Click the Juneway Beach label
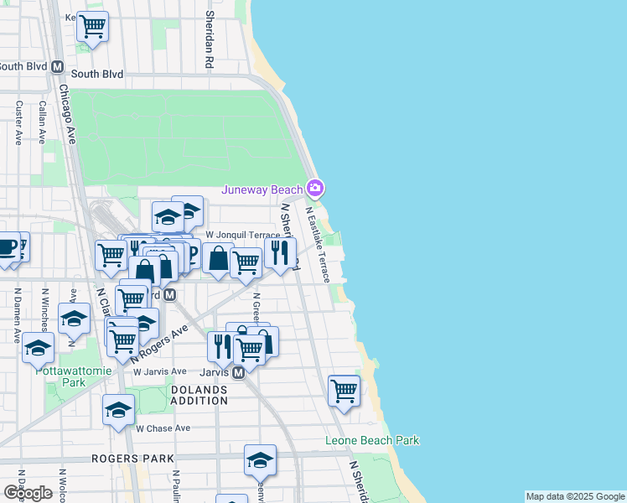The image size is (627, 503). tap(262, 189)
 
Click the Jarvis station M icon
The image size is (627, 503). tap(238, 372)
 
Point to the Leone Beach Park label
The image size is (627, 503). tap(372, 440)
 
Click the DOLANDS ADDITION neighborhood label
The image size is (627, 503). tap(199, 396)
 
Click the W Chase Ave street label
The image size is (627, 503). tap(164, 428)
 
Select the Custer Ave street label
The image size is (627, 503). tap(18, 123)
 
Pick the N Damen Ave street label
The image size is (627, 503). tap(17, 315)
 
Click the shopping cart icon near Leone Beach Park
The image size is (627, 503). tap(344, 391)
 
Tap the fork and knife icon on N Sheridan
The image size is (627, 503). tap(280, 251)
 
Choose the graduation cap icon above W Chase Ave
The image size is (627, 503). tap(119, 410)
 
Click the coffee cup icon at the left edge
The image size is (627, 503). tap(7, 247)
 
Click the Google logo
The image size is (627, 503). tap(28, 493)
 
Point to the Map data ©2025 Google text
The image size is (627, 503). tap(575, 496)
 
